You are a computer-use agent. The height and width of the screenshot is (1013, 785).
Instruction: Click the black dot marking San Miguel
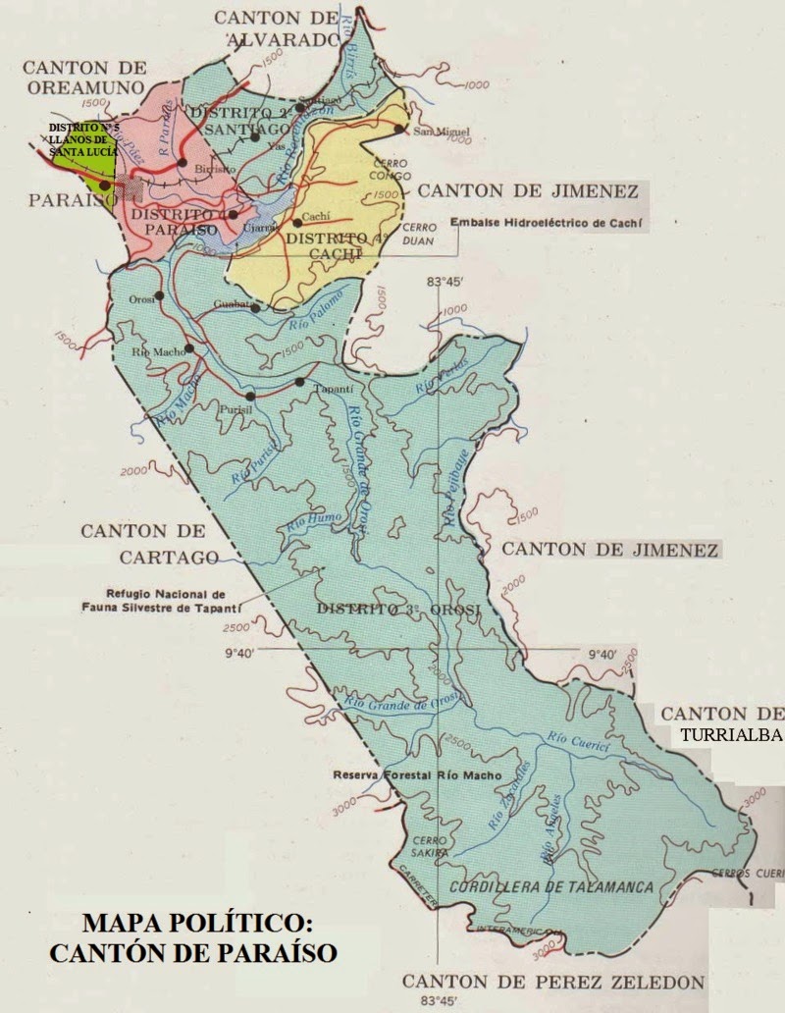pos(399,129)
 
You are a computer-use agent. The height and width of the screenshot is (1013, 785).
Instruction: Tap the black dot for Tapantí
pos(300,382)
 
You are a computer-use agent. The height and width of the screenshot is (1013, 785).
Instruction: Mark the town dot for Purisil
pos(251,396)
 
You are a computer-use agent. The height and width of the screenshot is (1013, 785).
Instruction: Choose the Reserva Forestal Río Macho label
pos(417,775)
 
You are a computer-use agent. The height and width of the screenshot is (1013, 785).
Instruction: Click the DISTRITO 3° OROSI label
pos(398,610)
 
